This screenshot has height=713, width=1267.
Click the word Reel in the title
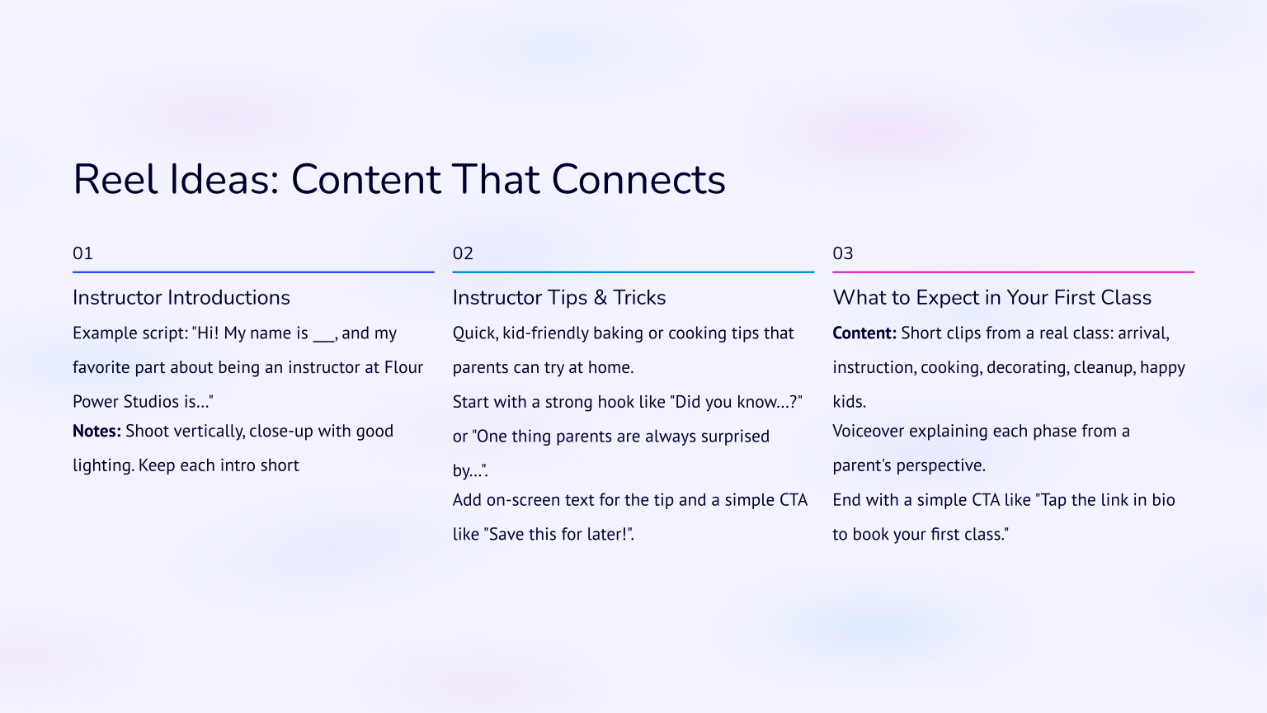(x=115, y=180)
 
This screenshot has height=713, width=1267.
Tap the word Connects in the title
(x=638, y=180)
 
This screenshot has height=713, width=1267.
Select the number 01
(x=82, y=253)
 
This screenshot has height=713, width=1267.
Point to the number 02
(x=463, y=253)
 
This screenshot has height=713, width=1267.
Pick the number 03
(x=842, y=253)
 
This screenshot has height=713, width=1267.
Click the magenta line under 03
(x=1013, y=272)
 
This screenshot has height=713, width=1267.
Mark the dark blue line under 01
(x=253, y=272)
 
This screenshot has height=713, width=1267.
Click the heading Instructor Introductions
(x=181, y=297)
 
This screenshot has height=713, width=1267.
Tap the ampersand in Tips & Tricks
(x=600, y=297)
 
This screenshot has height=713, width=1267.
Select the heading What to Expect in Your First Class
(x=991, y=297)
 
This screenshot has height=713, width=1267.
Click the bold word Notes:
(x=97, y=431)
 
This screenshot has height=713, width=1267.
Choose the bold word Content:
(x=864, y=333)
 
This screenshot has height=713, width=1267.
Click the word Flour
(x=403, y=367)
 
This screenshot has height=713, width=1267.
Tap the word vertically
(x=209, y=432)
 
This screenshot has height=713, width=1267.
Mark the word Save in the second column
(x=506, y=534)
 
